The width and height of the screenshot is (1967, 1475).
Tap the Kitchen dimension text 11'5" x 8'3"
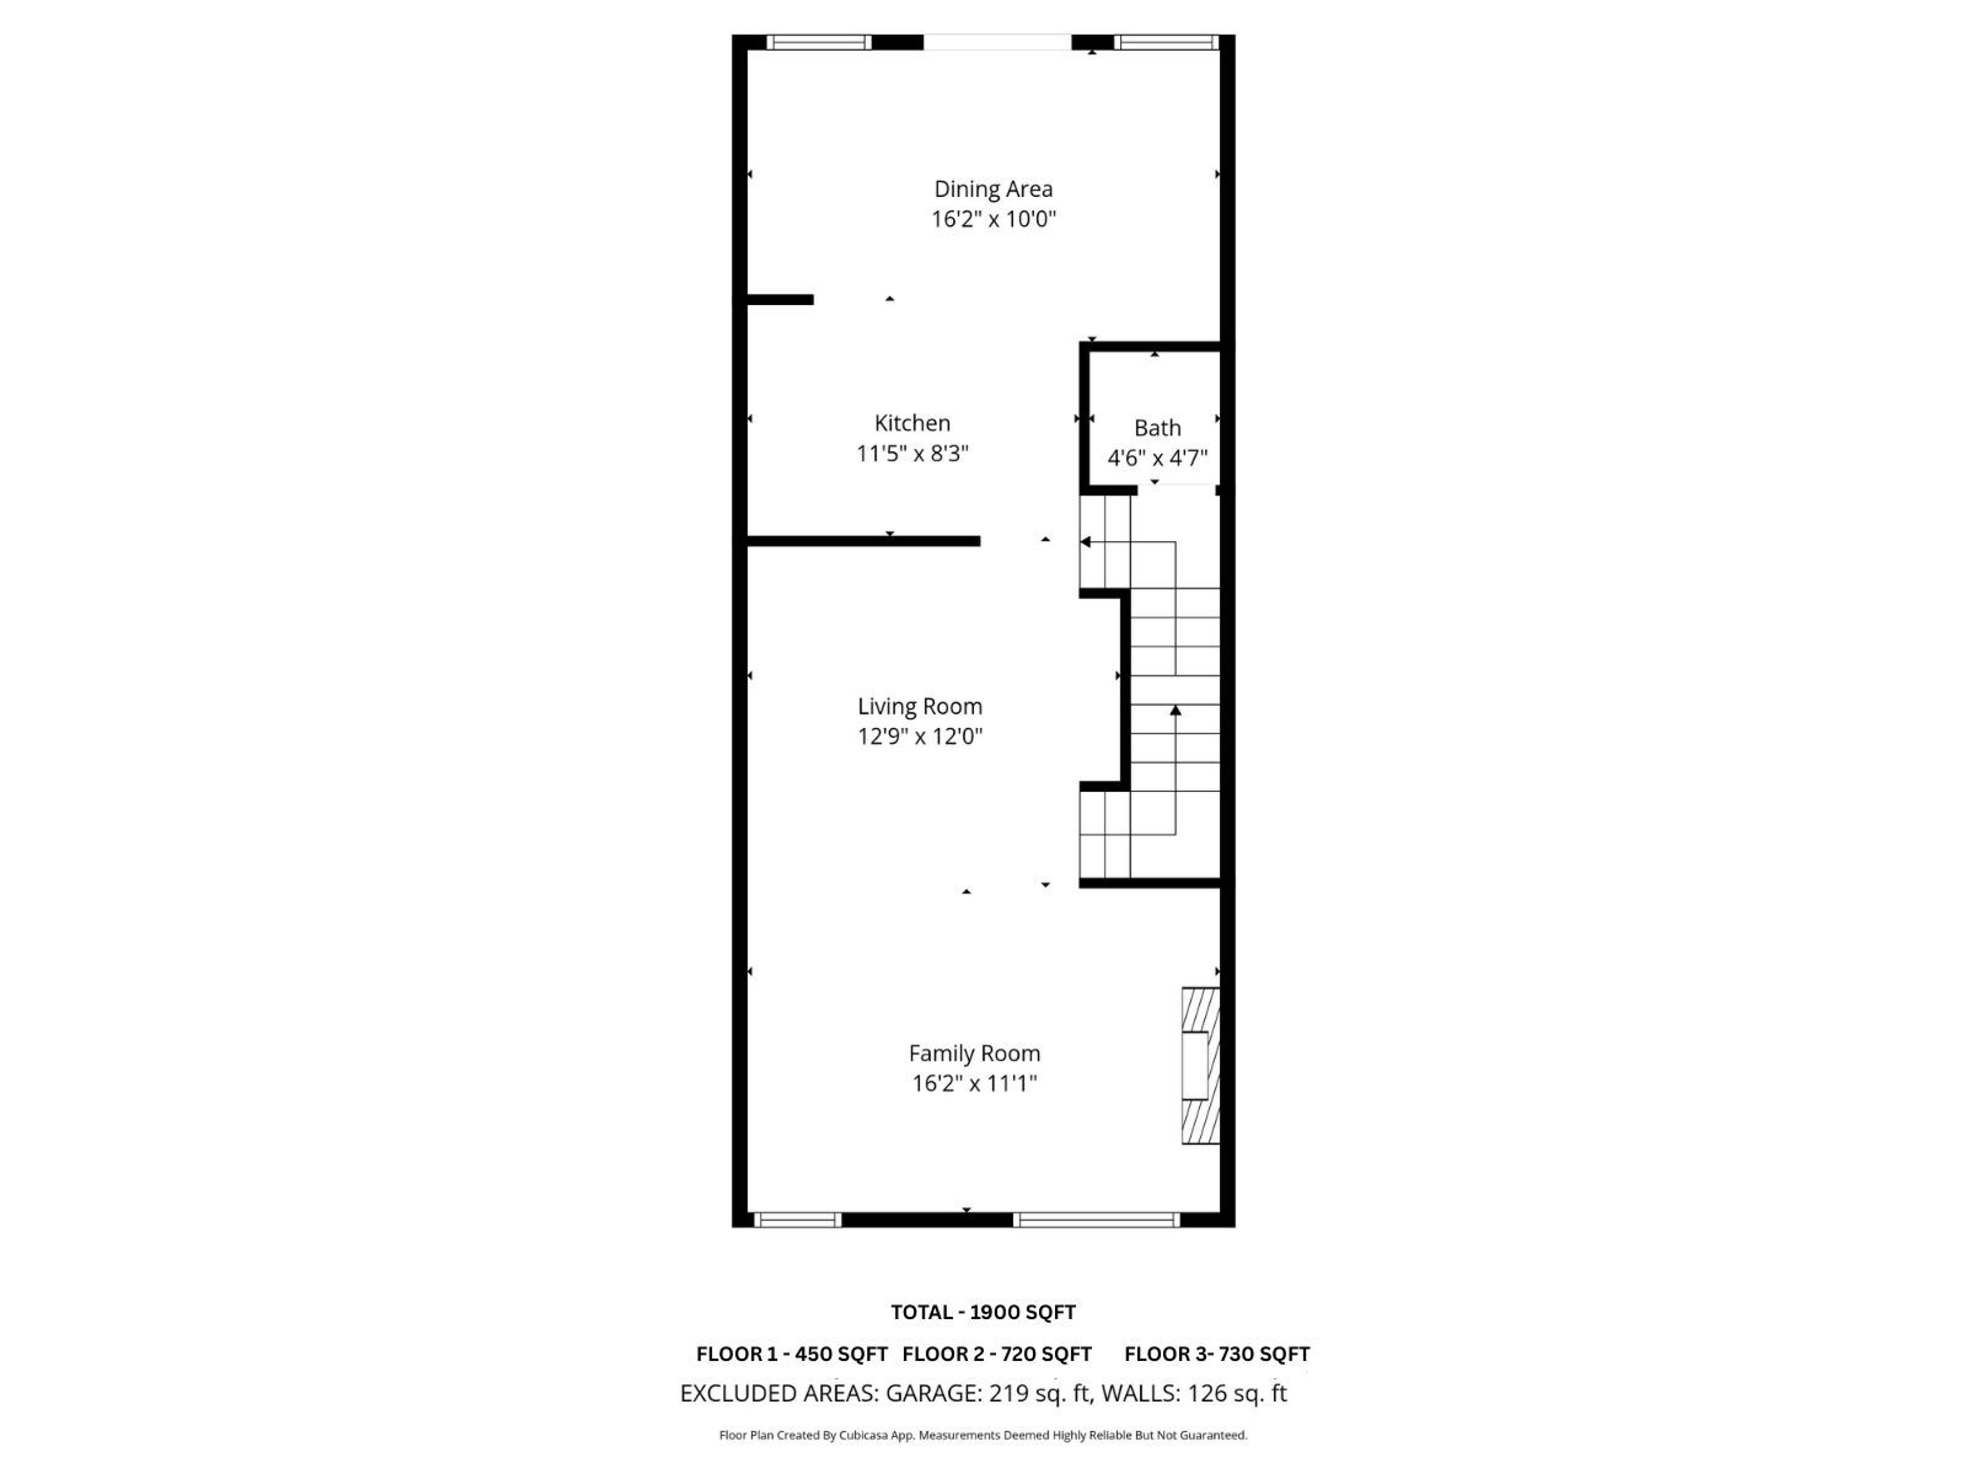click(x=911, y=453)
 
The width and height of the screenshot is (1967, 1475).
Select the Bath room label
click(x=1157, y=428)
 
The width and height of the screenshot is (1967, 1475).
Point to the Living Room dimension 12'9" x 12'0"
click(x=919, y=736)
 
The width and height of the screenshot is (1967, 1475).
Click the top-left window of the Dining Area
click(x=818, y=42)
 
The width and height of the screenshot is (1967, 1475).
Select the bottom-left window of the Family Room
click(x=797, y=1220)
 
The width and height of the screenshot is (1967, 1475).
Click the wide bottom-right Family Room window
click(x=1096, y=1220)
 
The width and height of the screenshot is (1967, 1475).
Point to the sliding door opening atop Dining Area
click(x=997, y=42)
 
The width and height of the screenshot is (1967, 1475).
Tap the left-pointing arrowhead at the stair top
click(x=1086, y=541)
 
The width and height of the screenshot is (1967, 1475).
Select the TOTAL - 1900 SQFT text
click(x=982, y=1312)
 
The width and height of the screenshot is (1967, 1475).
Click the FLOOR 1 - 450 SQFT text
click(x=791, y=1354)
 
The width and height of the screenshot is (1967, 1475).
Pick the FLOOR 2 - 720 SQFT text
click(x=996, y=1354)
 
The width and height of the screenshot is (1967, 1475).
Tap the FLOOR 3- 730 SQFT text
click(x=1217, y=1354)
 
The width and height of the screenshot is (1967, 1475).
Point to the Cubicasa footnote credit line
click(x=982, y=1435)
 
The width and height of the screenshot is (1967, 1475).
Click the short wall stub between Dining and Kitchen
click(x=780, y=300)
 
